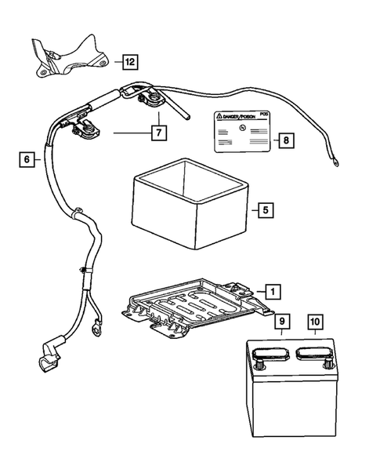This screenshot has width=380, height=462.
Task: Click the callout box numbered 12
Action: coord(128,60)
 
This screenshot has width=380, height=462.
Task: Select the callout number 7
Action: coord(159,133)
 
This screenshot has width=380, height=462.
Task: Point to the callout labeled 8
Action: coord(286,141)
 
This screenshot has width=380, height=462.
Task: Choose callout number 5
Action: coord(265,210)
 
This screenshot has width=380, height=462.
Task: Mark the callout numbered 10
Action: coord(315,321)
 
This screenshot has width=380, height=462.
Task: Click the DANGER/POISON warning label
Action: coord(240,132)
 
